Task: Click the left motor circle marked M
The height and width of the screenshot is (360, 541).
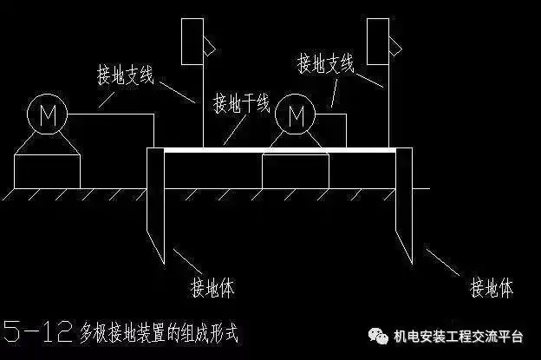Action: pos(41,113)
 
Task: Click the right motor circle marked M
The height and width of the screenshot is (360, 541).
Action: pos(297,113)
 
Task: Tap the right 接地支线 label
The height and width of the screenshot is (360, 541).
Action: pos(326,62)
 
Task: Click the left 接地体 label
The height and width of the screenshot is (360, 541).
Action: pos(212,286)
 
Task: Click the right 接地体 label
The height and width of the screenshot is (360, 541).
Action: pos(491,286)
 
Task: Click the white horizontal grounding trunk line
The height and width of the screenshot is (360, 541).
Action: pos(277,149)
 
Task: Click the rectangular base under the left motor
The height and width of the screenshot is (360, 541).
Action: pos(48,172)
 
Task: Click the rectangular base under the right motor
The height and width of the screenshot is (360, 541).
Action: pos(296,172)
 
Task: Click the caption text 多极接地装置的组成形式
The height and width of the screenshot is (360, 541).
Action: pos(158,331)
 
